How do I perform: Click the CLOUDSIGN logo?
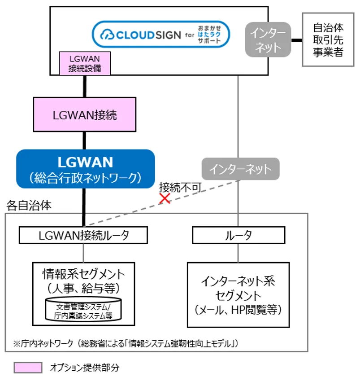click(x=160, y=35)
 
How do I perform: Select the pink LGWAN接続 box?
click(x=84, y=114)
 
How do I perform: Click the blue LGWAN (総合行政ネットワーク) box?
click(x=85, y=168)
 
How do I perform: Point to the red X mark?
click(x=165, y=198)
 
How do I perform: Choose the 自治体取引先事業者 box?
click(x=328, y=40)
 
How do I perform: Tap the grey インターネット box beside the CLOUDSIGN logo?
click(x=268, y=40)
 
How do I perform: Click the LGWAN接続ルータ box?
click(x=83, y=235)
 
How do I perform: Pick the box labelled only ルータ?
click(x=239, y=235)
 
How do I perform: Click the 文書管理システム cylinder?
click(x=84, y=309)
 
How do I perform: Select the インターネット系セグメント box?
click(x=238, y=294)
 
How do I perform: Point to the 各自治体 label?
click(x=29, y=206)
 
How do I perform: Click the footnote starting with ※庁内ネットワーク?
click(x=126, y=343)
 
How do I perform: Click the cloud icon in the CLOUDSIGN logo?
click(x=108, y=35)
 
